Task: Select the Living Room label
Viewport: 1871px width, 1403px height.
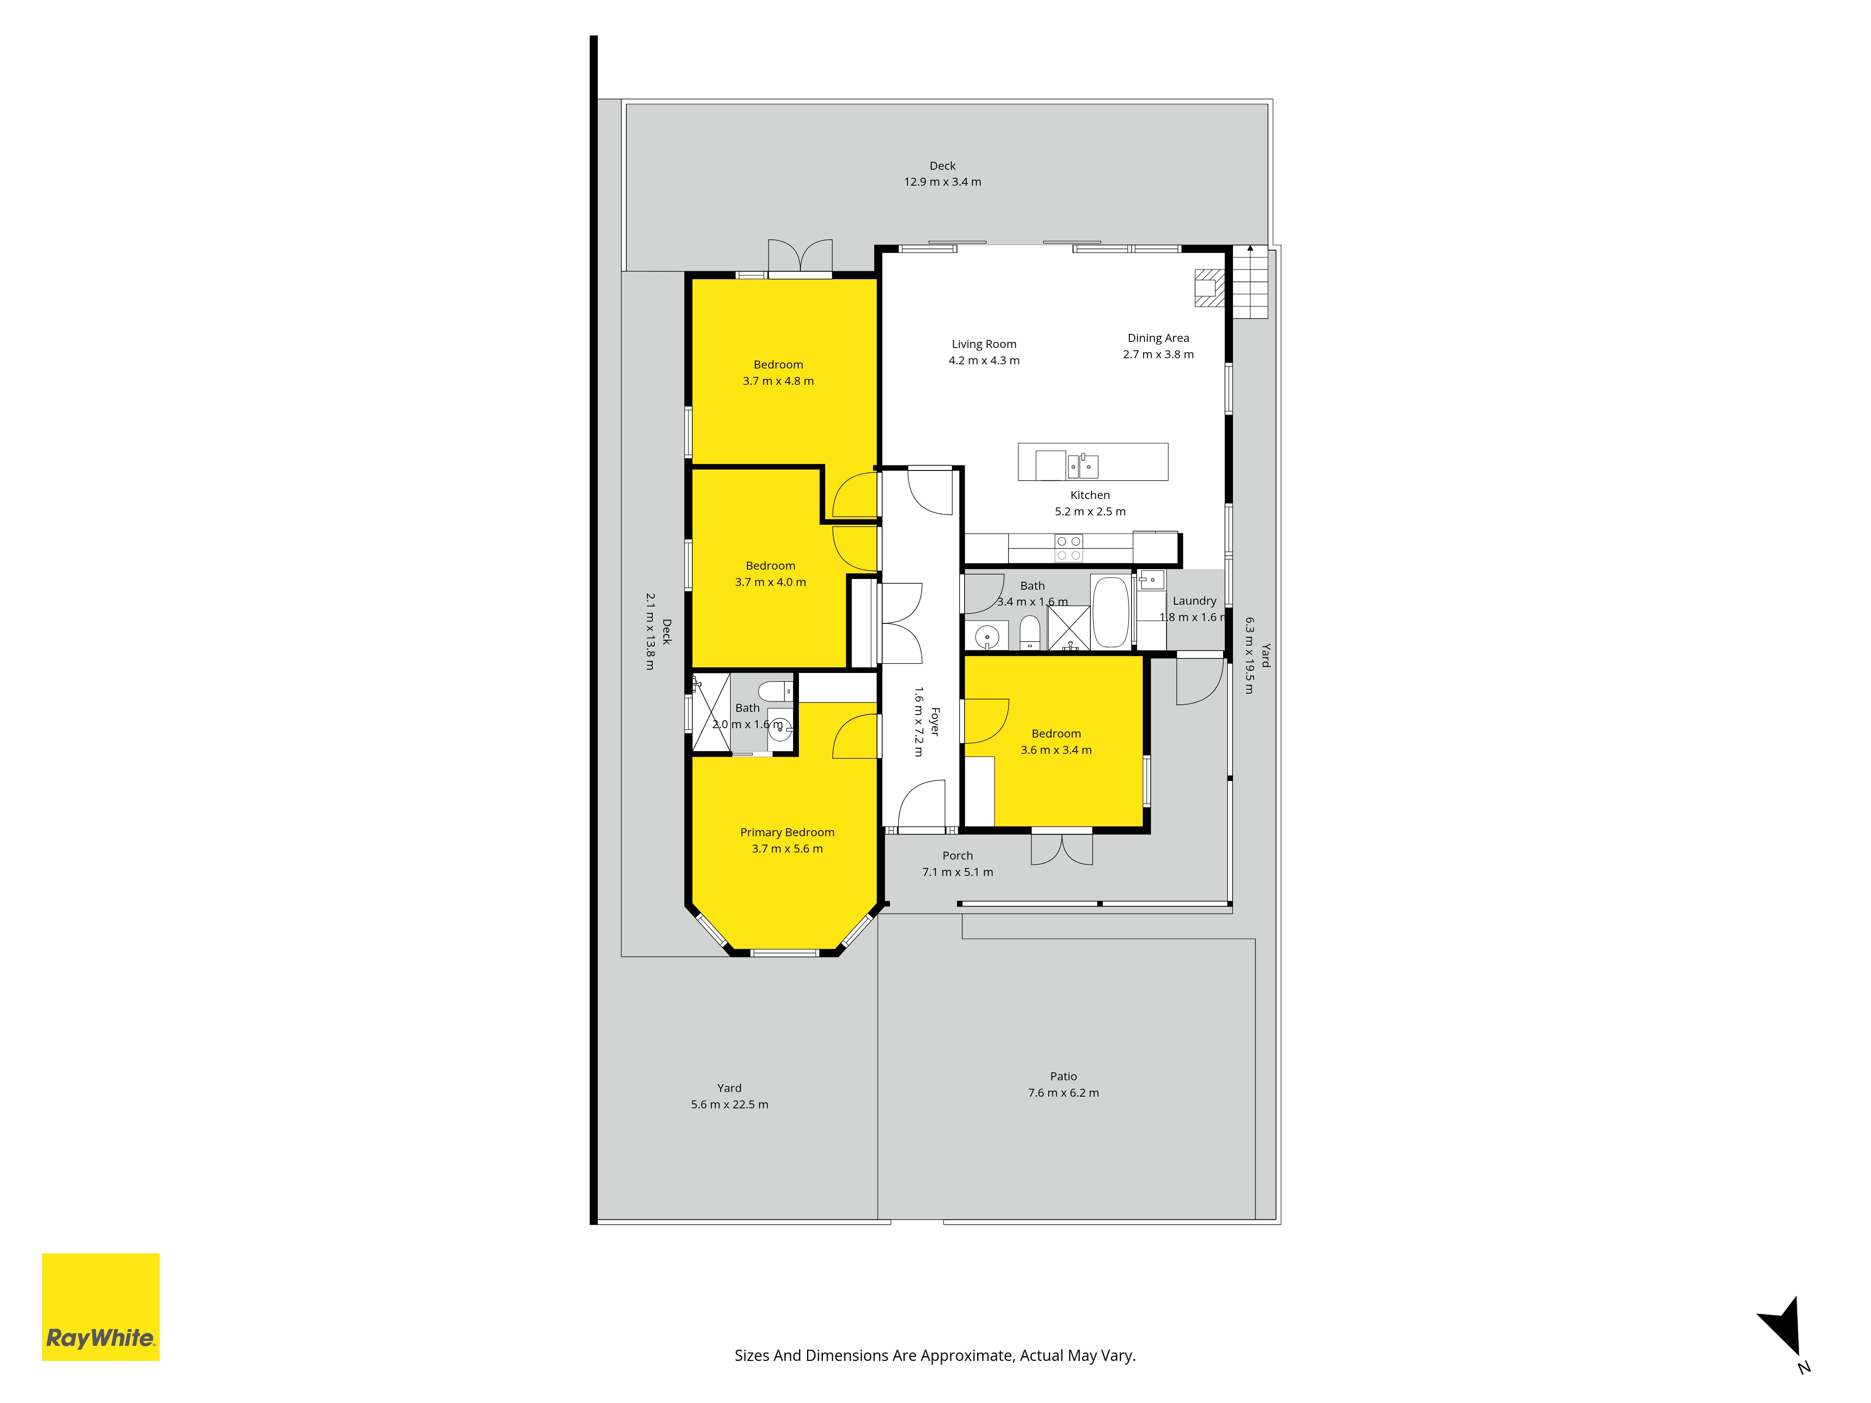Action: [x=984, y=344]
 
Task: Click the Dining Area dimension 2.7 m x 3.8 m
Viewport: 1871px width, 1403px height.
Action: [x=1158, y=354]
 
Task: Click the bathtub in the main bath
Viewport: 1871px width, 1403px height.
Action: [x=1110, y=611]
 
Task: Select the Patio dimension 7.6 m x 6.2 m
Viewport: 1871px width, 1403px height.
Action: [x=1063, y=1092]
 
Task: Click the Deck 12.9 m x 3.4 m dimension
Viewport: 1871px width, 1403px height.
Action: [x=942, y=182]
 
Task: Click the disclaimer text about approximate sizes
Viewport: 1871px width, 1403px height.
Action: [x=935, y=1356]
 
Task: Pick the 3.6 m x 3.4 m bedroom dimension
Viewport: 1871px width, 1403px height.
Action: [x=1056, y=750]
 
